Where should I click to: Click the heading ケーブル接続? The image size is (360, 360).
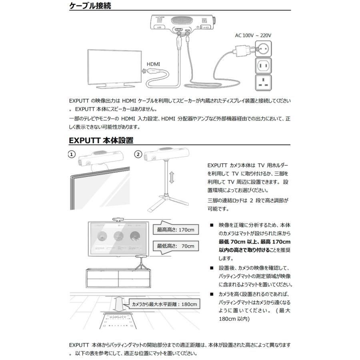90,6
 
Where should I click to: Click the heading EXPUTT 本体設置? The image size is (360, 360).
101,140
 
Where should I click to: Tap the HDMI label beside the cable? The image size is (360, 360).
153,64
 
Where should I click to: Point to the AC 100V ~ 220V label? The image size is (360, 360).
253,35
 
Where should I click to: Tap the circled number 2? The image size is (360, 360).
138,154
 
